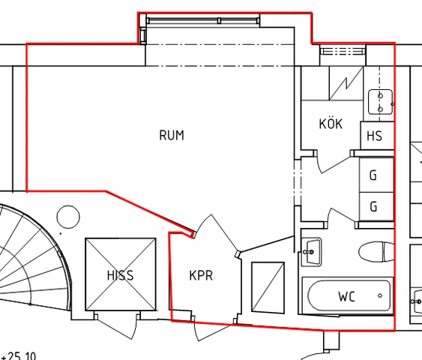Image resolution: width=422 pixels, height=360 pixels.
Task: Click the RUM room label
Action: tap(172, 135)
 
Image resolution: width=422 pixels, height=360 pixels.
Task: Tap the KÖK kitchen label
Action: tap(331, 124)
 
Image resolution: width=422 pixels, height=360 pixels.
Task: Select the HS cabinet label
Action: tap(374, 136)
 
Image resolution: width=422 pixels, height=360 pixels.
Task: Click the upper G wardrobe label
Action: tap(373, 175)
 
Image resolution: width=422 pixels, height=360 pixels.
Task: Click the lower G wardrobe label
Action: tap(373, 207)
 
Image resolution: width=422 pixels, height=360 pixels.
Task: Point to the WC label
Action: tap(346, 296)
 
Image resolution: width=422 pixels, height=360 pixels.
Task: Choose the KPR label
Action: tap(201, 275)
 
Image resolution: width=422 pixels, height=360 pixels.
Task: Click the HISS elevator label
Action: tap(120, 275)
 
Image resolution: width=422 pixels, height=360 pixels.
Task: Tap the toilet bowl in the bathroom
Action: tap(376, 252)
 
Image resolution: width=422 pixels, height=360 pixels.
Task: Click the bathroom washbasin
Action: tap(311, 252)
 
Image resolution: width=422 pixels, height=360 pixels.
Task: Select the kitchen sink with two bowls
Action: tap(380, 102)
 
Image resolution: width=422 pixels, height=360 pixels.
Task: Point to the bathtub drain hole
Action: tap(380, 295)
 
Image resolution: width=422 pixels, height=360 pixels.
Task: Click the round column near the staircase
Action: tap(68, 217)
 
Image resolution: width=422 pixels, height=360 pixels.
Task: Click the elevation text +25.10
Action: tap(18, 356)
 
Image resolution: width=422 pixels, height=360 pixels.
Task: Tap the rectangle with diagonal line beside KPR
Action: tap(268, 287)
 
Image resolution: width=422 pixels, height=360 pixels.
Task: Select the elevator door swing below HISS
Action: tap(118, 325)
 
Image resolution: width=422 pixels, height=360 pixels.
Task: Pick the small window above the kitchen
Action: tap(343, 51)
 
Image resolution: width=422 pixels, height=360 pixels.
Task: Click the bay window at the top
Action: tap(203, 20)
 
